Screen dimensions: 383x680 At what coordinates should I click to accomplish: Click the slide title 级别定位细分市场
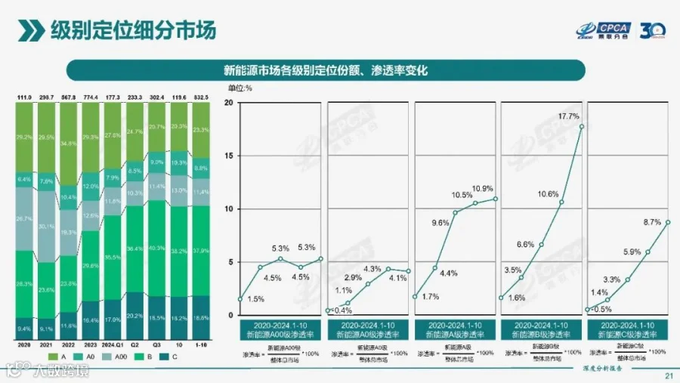pos(132,29)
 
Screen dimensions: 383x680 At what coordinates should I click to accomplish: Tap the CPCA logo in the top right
pos(600,29)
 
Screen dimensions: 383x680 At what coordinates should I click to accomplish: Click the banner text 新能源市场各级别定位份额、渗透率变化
pos(326,70)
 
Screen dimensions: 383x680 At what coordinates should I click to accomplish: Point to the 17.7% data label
pos(568,116)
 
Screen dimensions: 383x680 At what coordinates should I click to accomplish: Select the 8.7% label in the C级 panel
pos(651,222)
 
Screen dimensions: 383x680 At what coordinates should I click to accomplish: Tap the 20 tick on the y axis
pos(227,102)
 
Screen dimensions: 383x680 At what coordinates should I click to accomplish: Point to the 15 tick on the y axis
pos(227,156)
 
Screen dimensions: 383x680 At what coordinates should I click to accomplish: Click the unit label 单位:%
pos(240,88)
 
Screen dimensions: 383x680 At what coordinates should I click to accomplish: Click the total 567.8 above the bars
pos(69,98)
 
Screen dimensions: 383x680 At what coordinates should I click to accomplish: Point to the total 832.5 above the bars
pos(200,98)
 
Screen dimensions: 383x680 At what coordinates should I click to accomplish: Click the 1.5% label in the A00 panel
pos(256,299)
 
